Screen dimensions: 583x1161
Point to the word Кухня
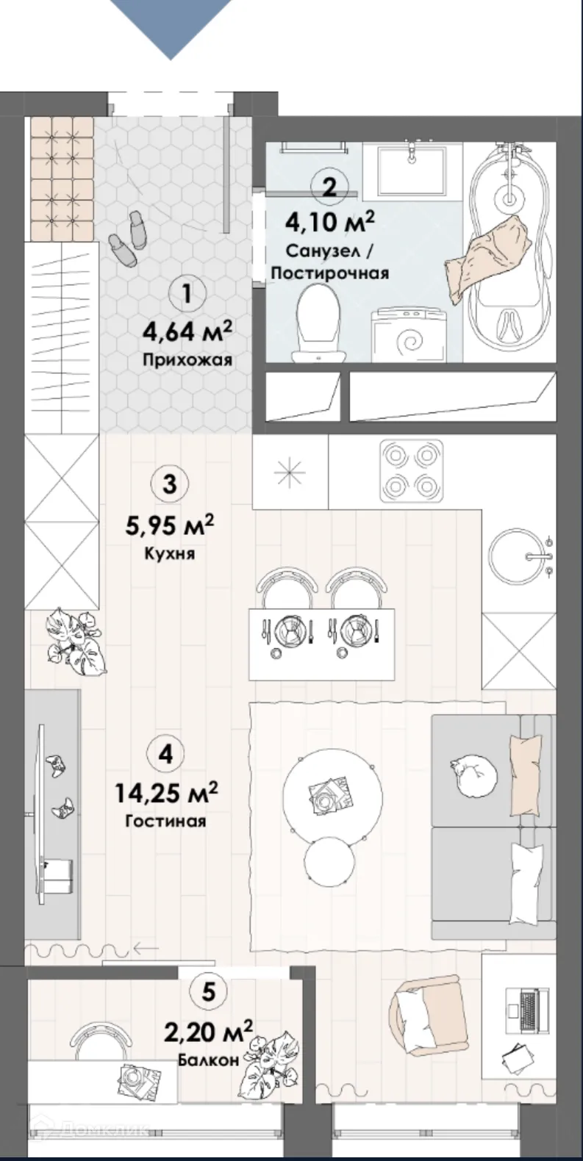170,553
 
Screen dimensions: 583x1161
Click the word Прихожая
187,360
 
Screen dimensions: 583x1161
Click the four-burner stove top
412,471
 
